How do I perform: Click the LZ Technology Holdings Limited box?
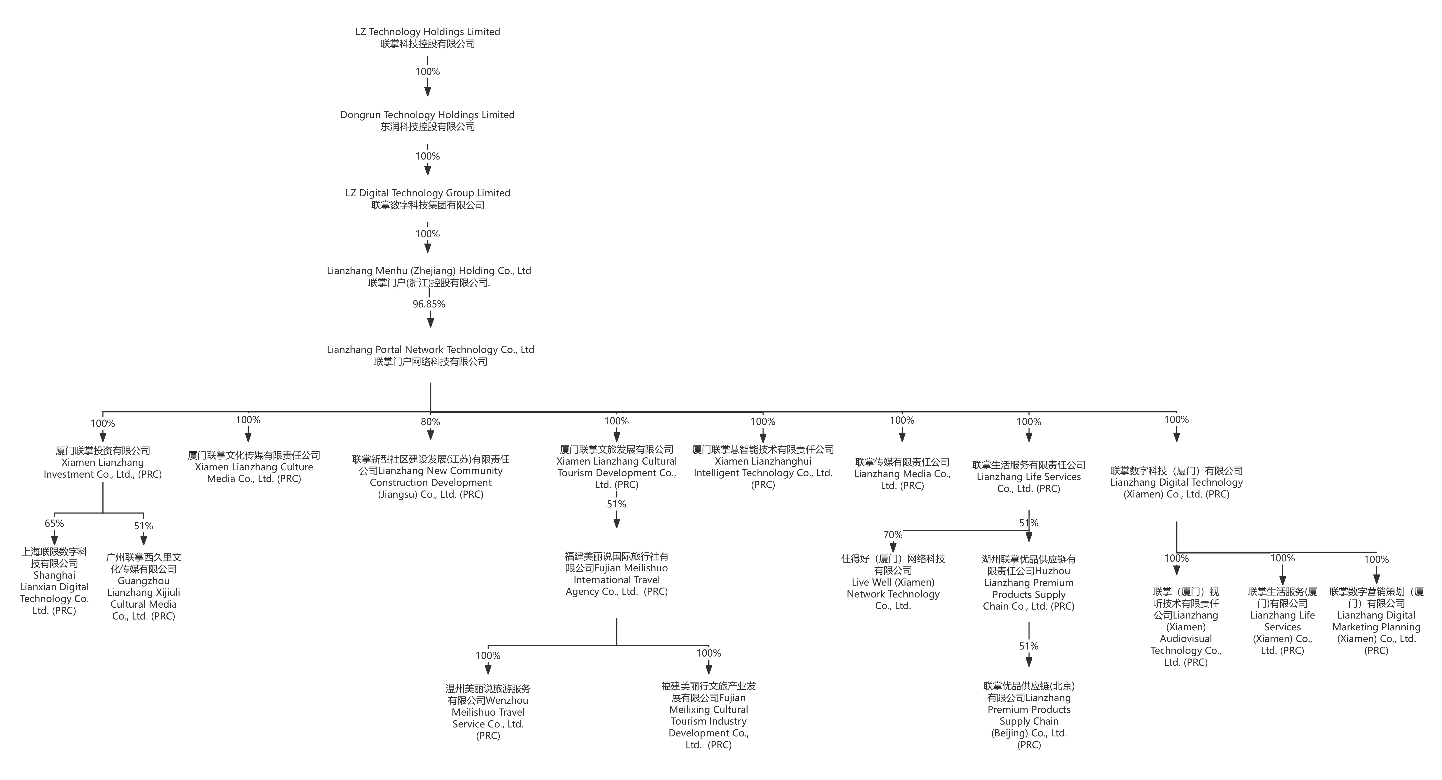tap(428, 38)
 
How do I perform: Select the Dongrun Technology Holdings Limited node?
tap(428, 120)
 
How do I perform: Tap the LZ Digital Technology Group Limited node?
tap(428, 199)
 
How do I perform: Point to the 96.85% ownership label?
tap(429, 304)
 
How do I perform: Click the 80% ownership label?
tap(430, 422)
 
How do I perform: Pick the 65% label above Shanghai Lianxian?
tap(54, 523)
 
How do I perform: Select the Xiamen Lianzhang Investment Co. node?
tap(103, 462)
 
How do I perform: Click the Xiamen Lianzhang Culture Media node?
tap(254, 467)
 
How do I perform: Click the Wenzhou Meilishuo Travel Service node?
tap(488, 712)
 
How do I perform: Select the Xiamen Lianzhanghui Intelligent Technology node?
tap(763, 467)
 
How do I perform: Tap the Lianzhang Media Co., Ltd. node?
tap(902, 473)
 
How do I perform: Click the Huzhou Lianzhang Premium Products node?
tap(1029, 582)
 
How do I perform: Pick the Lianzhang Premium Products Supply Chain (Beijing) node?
tap(1029, 715)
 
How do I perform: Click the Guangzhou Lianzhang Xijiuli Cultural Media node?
tap(144, 586)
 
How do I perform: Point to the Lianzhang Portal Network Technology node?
tap(430, 355)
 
